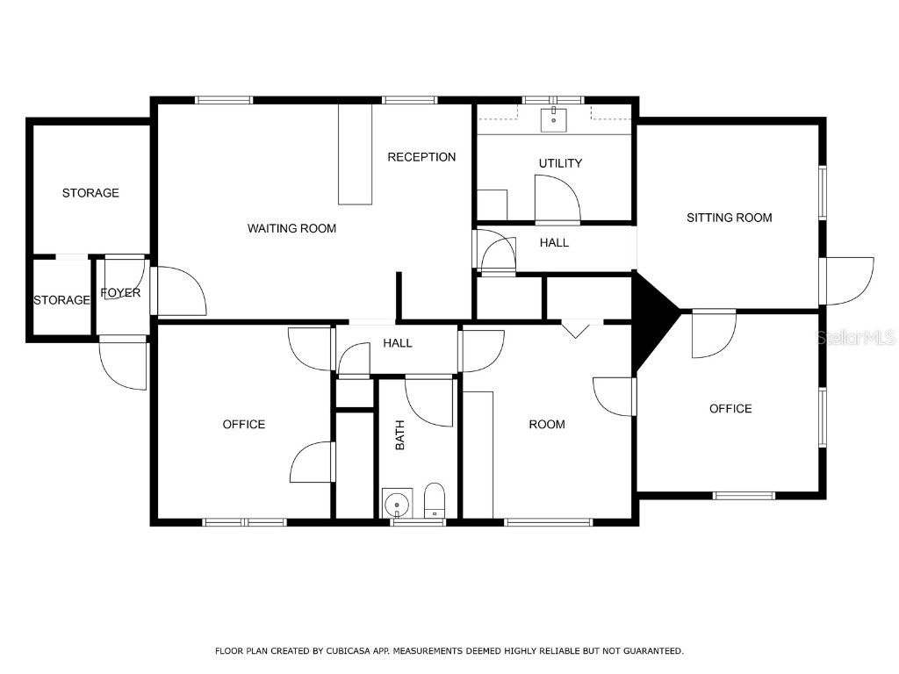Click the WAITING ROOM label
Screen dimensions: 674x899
pyautogui.click(x=291, y=228)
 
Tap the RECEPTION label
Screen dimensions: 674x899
pyautogui.click(x=421, y=157)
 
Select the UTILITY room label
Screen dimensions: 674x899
pyautogui.click(x=560, y=163)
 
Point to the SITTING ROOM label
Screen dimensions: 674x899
pyautogui.click(x=729, y=218)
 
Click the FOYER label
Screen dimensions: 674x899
pyautogui.click(x=120, y=293)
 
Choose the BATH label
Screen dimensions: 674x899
pyautogui.click(x=400, y=435)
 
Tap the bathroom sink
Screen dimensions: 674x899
pyautogui.click(x=397, y=504)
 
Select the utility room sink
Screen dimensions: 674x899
pyautogui.click(x=554, y=120)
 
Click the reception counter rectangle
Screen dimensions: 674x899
pyautogui.click(x=356, y=154)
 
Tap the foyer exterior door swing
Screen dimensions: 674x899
pyautogui.click(x=123, y=363)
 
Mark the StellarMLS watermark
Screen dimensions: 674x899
pyautogui.click(x=855, y=337)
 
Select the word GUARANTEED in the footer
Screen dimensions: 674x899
pyautogui.click(x=649, y=651)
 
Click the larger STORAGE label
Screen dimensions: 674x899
pyautogui.click(x=90, y=193)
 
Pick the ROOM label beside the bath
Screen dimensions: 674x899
pyautogui.click(x=546, y=425)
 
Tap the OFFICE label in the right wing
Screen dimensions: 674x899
pyautogui.click(x=730, y=409)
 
